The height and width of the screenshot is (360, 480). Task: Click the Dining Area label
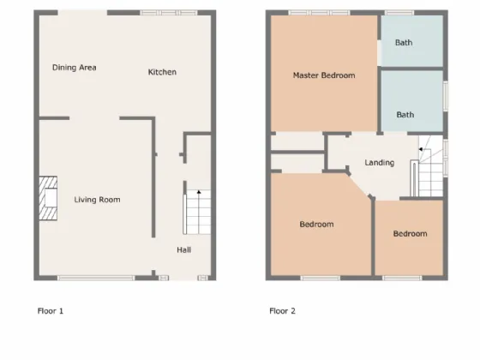(74, 68)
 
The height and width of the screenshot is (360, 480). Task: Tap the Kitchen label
(162, 72)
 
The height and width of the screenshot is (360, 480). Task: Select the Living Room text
(97, 200)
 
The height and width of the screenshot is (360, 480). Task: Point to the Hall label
(184, 250)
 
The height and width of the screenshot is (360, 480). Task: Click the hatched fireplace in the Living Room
(48, 198)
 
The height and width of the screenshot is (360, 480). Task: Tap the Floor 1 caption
(51, 311)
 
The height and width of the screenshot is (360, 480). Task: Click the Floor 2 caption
(282, 311)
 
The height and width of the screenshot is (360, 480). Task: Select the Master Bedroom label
(324, 75)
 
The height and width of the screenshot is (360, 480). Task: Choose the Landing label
(379, 163)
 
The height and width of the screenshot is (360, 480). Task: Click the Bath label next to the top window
(404, 43)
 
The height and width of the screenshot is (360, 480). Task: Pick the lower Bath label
(405, 115)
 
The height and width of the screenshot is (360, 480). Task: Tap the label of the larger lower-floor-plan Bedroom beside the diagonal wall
(316, 225)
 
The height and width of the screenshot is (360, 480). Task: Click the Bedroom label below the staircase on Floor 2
(411, 234)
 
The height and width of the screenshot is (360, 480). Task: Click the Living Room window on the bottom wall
(96, 278)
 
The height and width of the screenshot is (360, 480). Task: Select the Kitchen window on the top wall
(169, 13)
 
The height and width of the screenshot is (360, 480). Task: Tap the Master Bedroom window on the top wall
(319, 13)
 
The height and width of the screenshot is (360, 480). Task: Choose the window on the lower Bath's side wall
(446, 96)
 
